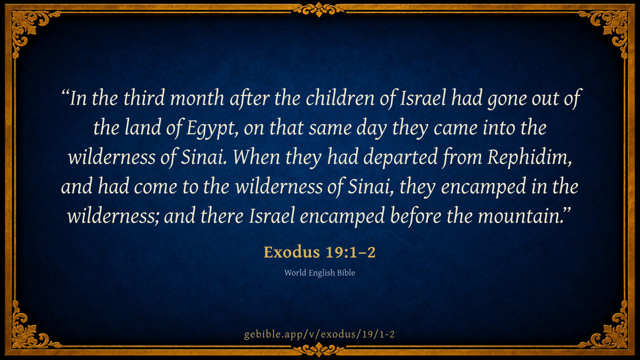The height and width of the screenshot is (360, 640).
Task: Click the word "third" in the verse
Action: (x=144, y=98)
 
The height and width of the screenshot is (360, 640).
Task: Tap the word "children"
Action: (x=340, y=98)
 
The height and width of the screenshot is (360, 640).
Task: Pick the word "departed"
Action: (x=401, y=157)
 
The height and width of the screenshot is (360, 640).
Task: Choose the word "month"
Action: (x=197, y=98)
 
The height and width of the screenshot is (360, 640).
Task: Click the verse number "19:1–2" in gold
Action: (x=350, y=252)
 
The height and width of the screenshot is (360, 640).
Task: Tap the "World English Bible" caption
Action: (x=319, y=273)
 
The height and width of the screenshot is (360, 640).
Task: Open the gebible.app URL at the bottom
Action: (x=319, y=334)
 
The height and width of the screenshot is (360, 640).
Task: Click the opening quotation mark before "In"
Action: (x=66, y=93)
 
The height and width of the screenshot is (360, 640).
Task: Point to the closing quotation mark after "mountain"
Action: (x=566, y=211)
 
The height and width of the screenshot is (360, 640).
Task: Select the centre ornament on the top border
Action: (x=319, y=10)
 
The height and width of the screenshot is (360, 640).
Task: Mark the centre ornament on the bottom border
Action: (x=319, y=349)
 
